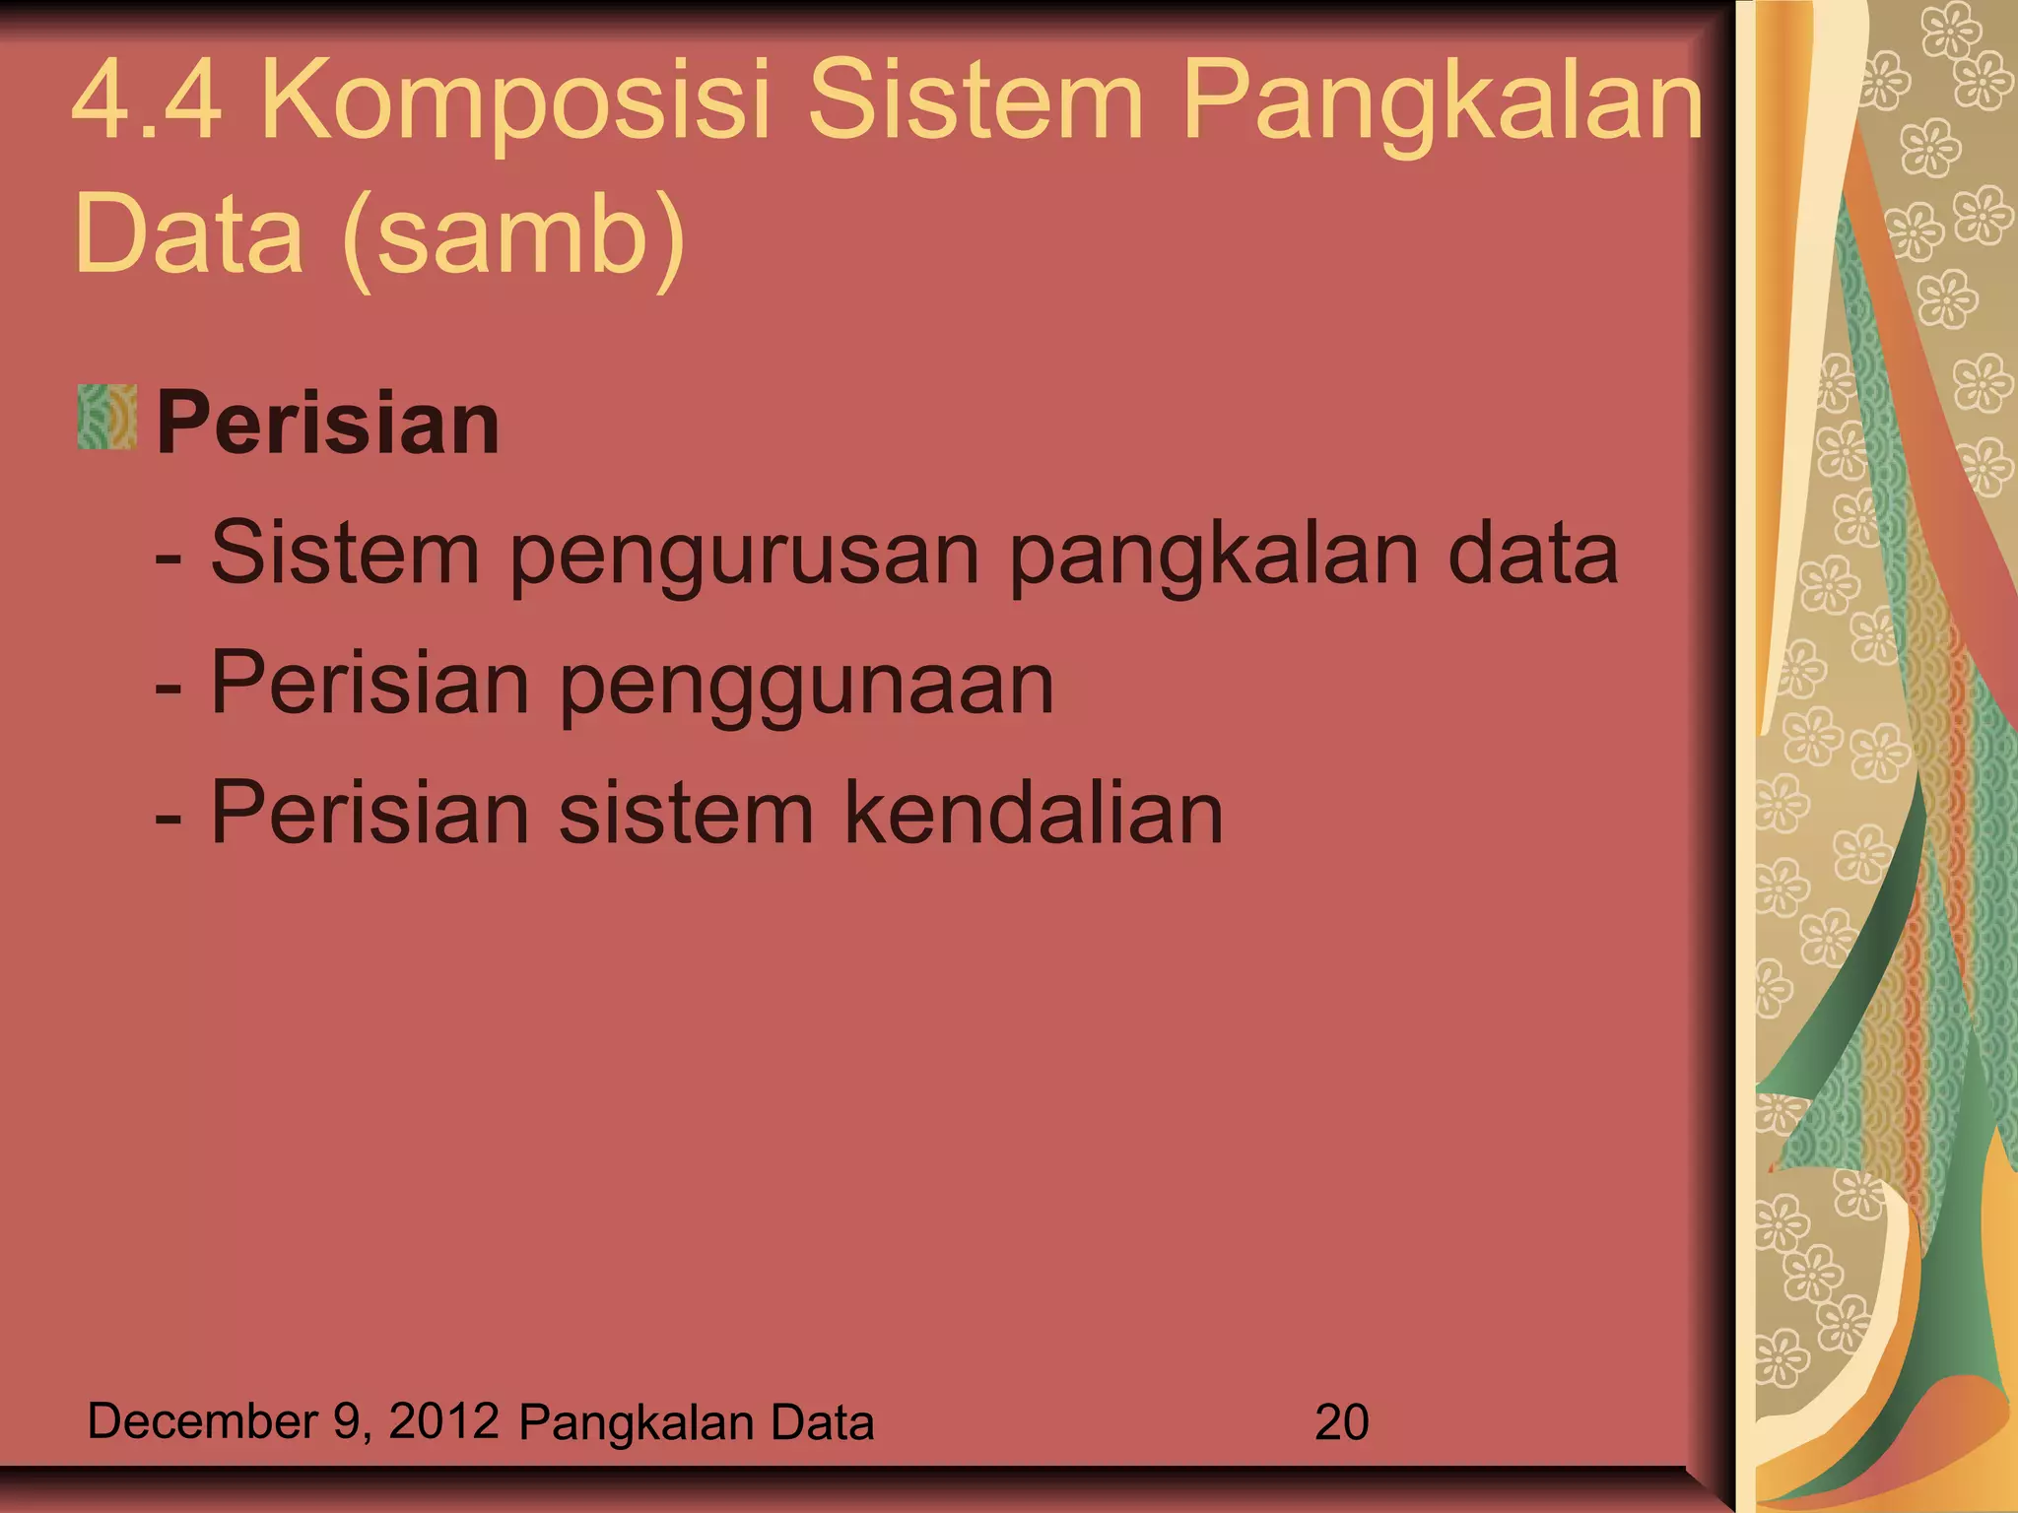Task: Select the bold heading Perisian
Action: (x=328, y=423)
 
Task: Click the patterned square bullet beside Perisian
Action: (x=106, y=418)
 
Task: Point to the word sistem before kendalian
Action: (x=686, y=815)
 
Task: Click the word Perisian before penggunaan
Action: (x=370, y=683)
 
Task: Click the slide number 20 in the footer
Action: (x=1341, y=1422)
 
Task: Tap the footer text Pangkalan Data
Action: (x=697, y=1422)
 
